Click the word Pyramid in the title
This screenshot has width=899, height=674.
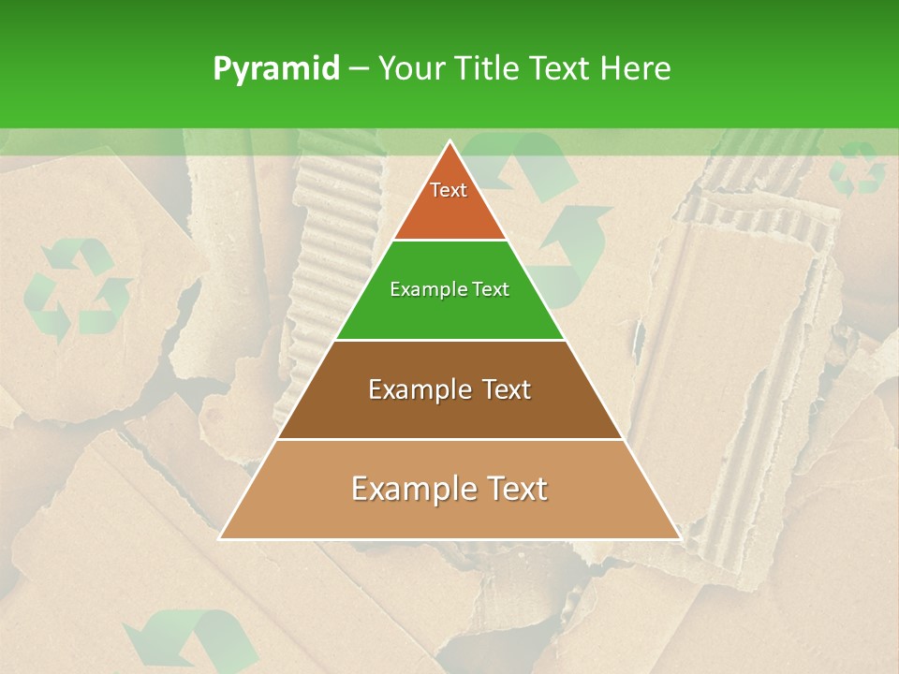point(275,69)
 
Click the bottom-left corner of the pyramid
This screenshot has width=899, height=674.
point(221,538)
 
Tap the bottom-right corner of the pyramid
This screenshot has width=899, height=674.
point(678,538)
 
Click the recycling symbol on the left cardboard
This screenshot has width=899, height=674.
point(77,287)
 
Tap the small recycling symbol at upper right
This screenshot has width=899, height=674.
point(858,168)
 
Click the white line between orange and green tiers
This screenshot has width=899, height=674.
point(449,241)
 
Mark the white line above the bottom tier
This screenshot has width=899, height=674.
point(449,439)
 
